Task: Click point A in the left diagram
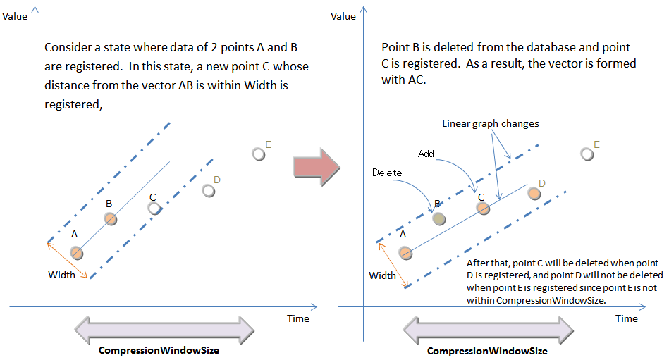(x=78, y=253)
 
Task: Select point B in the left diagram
(x=111, y=218)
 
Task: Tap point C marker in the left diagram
(x=154, y=208)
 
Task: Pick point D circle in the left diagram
(x=208, y=190)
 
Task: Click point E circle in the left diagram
(x=259, y=154)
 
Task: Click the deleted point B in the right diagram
(x=438, y=219)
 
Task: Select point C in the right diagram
(x=483, y=209)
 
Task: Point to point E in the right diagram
(x=586, y=154)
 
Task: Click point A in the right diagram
(x=405, y=252)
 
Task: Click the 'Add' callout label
(x=426, y=154)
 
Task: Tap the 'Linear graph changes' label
(x=491, y=123)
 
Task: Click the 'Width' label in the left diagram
(x=61, y=275)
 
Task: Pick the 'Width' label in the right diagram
(x=383, y=275)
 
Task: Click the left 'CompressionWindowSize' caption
(x=159, y=351)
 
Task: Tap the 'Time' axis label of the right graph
(x=627, y=318)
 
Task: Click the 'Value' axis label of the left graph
(x=15, y=16)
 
